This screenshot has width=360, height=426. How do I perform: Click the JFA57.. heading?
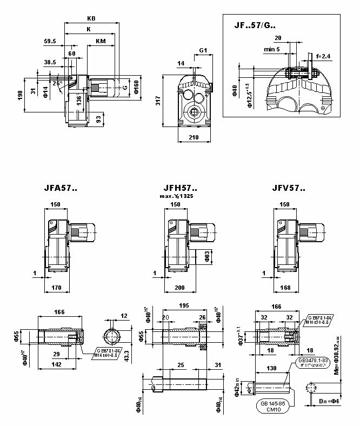click(61, 189)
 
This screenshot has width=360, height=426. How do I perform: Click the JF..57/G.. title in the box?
click(255, 24)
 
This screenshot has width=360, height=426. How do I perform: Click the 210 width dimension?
click(194, 138)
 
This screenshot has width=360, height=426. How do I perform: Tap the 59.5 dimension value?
click(50, 41)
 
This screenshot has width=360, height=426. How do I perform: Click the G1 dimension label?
click(203, 51)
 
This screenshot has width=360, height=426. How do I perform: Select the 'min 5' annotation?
click(272, 49)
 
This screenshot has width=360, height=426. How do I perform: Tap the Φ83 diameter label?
click(207, 256)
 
